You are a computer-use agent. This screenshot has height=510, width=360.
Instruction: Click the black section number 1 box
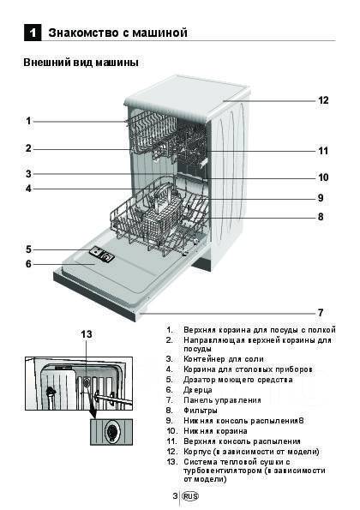33,33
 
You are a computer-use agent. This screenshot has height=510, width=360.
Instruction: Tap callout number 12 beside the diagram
323,100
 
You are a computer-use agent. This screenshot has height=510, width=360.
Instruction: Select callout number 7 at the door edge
321,313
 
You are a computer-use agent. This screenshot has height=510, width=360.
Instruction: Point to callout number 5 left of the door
28,249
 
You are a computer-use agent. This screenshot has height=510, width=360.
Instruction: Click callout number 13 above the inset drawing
87,334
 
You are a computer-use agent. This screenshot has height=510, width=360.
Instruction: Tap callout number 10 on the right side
323,177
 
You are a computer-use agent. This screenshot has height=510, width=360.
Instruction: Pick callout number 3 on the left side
28,174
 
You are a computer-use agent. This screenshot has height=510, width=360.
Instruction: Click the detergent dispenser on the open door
102,254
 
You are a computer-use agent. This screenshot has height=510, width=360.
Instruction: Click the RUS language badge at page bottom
190,496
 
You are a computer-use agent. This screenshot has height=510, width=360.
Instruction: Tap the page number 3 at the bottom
175,496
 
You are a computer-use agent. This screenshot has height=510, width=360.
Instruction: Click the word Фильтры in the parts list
201,411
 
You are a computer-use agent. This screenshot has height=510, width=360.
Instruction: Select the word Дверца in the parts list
198,390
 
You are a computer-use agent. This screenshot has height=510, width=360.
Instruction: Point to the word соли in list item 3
255,359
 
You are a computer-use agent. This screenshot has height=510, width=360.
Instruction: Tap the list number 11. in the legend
171,441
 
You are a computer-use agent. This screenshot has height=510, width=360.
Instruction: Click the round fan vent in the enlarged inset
112,432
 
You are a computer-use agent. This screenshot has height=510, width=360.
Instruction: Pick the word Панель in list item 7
197,400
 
